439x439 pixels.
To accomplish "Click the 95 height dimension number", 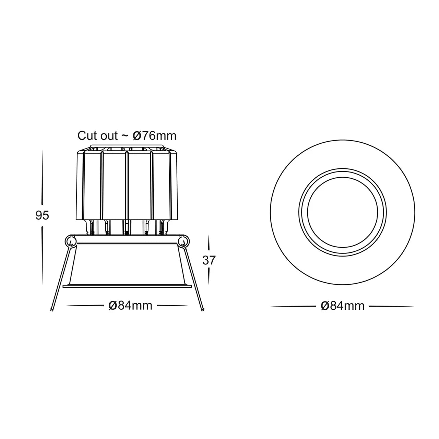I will click(x=43, y=215).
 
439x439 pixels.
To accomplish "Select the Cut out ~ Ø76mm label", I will click(x=127, y=136).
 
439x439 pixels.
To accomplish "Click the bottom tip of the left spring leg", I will click(x=51, y=310).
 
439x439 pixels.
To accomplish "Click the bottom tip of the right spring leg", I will click(x=203, y=310).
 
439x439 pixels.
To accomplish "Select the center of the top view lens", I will click(x=343, y=212).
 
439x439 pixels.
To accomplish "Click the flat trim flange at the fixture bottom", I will click(x=127, y=286).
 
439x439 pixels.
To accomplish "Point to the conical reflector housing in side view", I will click(x=127, y=264).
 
